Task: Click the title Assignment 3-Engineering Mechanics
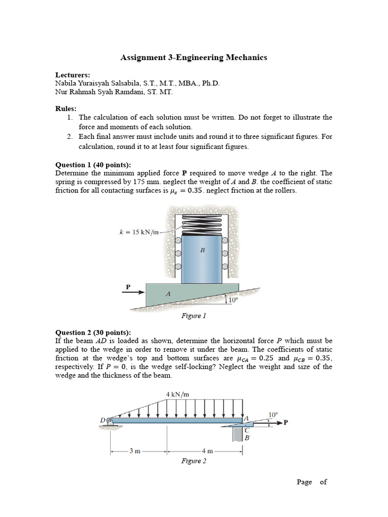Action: pyautogui.click(x=193, y=58)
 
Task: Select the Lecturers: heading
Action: pyautogui.click(x=72, y=74)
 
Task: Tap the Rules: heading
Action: pyautogui.click(x=66, y=108)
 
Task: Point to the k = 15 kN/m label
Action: pyautogui.click(x=138, y=233)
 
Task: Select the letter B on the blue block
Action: pyautogui.click(x=202, y=249)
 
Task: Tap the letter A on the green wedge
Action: pyautogui.click(x=168, y=293)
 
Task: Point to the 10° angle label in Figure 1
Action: pyautogui.click(x=233, y=300)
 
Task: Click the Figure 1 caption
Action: pyautogui.click(x=193, y=317)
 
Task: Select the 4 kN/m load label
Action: pyautogui.click(x=174, y=394)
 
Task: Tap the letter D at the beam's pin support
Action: pyautogui.click(x=104, y=420)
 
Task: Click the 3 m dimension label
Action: pyautogui.click(x=134, y=451)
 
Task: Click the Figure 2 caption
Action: pyautogui.click(x=193, y=461)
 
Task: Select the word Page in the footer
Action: pyautogui.click(x=304, y=482)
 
